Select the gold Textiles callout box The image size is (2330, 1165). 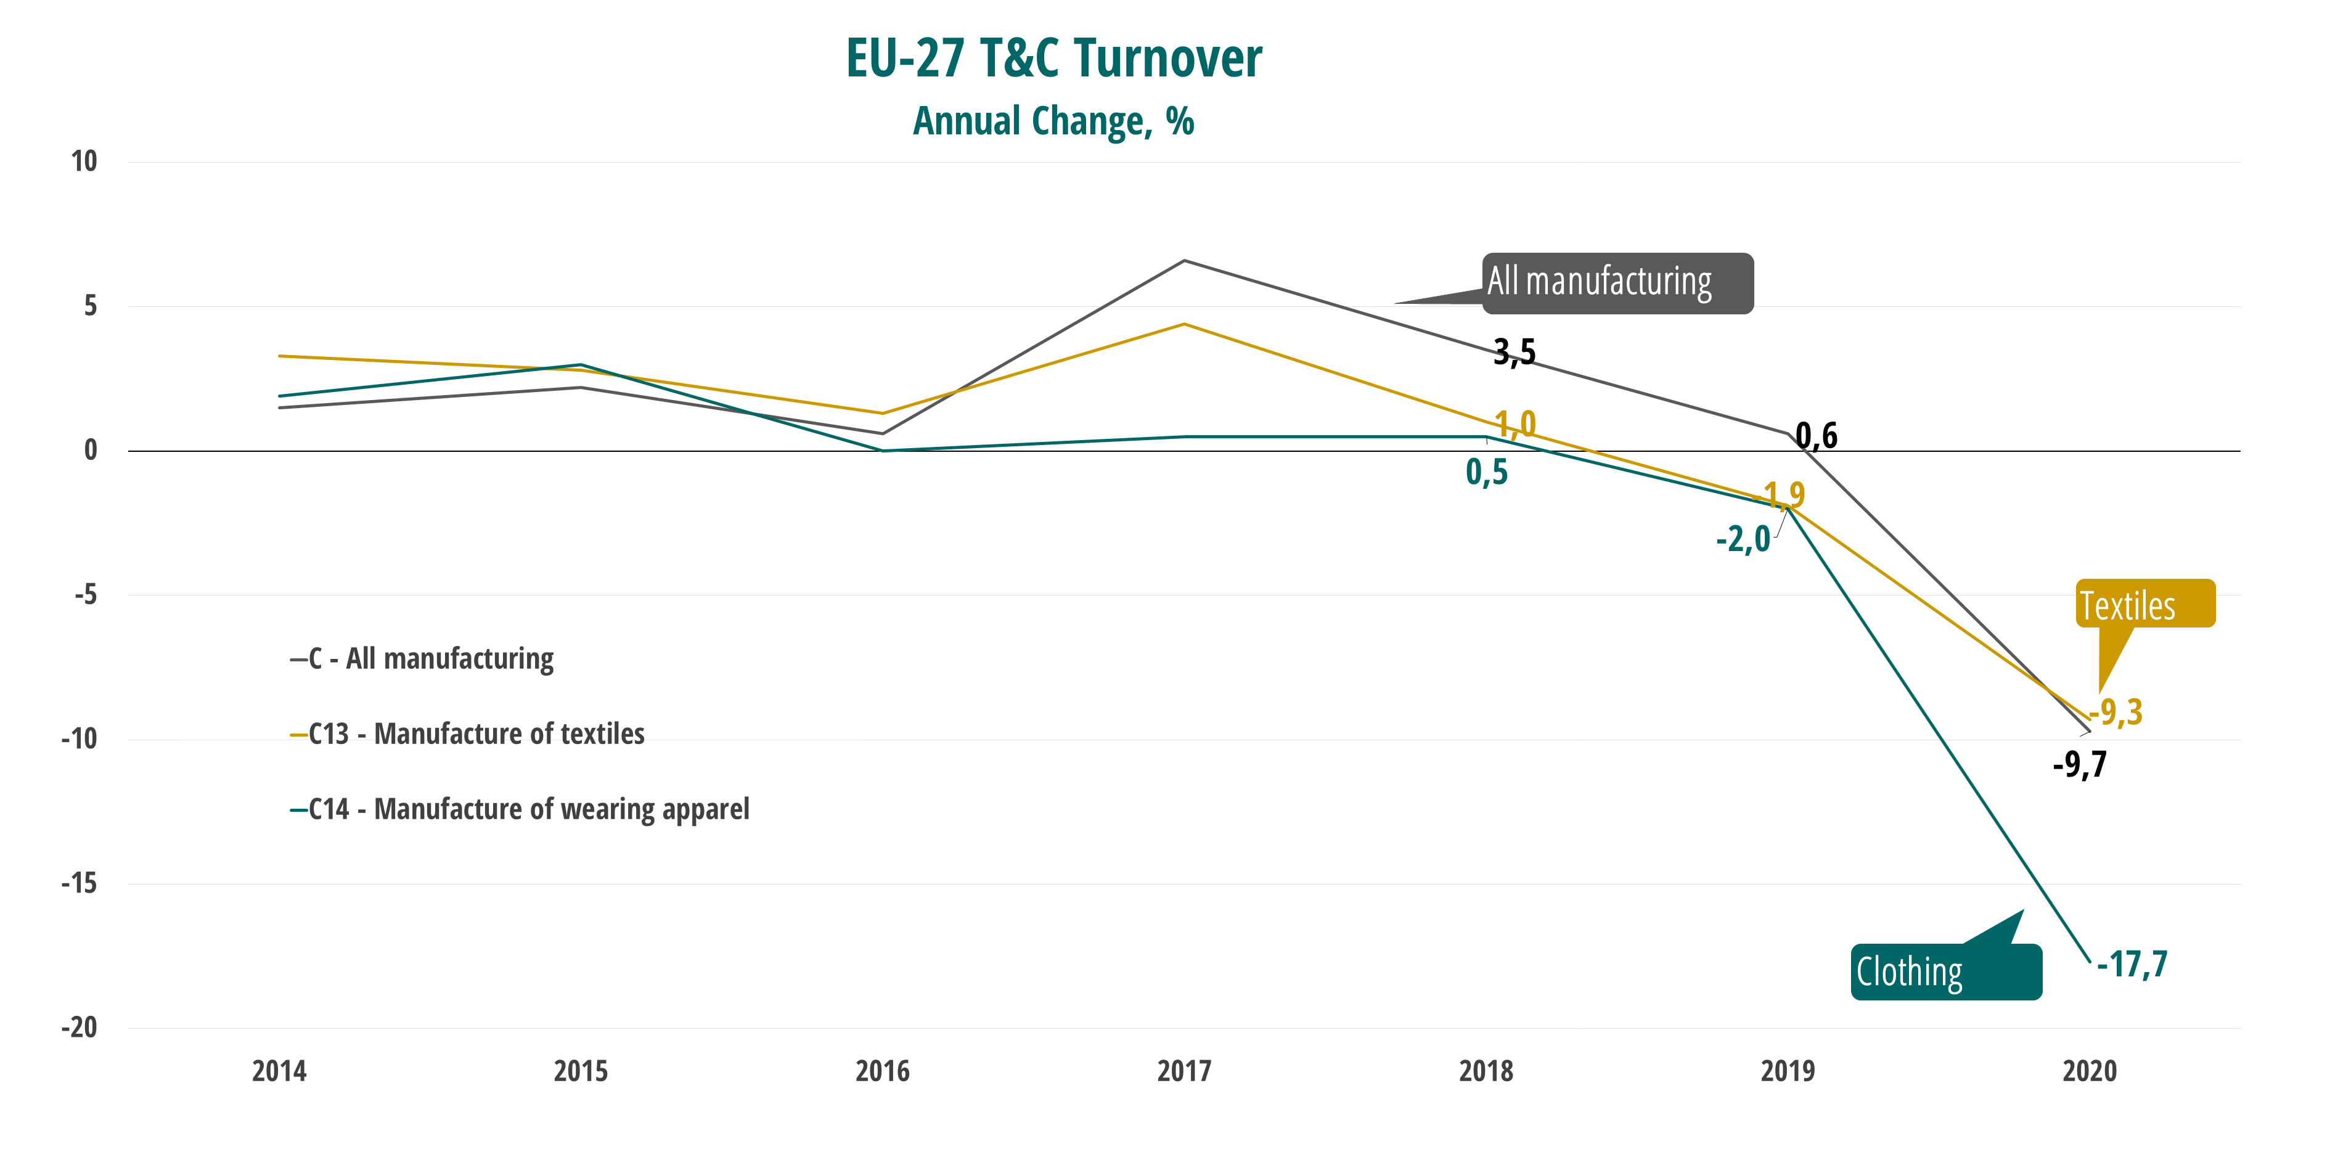[2144, 604]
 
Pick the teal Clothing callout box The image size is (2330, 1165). [1945, 972]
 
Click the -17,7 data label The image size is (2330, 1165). [2132, 964]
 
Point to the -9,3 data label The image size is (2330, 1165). [2117, 713]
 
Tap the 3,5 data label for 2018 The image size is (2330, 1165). [1514, 352]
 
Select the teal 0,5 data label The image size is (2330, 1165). [1486, 472]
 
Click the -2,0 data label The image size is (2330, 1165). [1743, 540]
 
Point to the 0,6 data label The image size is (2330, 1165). [1817, 436]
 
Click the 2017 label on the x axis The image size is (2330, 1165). [1184, 1071]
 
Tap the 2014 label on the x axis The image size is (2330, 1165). [279, 1071]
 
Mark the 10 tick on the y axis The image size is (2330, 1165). [84, 162]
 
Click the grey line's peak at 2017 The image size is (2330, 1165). [1184, 261]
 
